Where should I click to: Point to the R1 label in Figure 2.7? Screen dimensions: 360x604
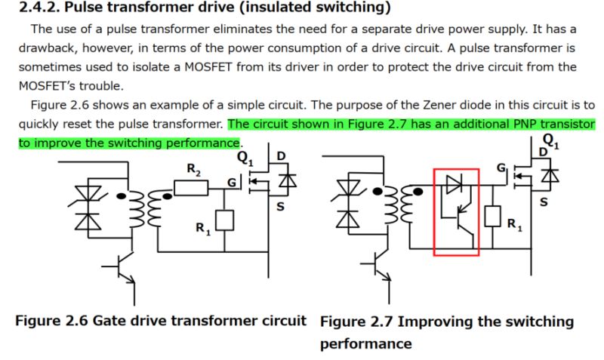[x=513, y=224]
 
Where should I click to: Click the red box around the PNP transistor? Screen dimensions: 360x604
[x=456, y=212]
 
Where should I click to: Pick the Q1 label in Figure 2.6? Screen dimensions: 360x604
[x=245, y=158]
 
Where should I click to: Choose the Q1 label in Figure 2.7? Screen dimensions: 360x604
[x=550, y=142]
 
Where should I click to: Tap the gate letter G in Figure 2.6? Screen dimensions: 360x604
[x=233, y=182]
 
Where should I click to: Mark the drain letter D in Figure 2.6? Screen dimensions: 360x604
[x=282, y=157]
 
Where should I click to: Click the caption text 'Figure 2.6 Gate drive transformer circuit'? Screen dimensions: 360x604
[x=161, y=320]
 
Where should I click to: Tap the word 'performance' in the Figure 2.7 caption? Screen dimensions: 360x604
[x=366, y=343]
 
